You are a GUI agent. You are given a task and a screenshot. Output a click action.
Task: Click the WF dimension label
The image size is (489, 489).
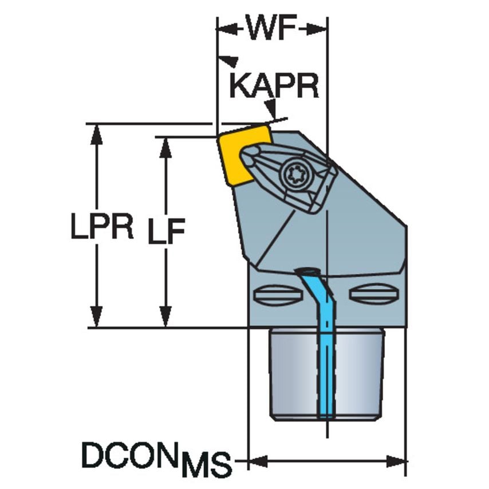272,28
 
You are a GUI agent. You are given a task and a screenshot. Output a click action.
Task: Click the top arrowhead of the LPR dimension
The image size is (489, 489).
97,133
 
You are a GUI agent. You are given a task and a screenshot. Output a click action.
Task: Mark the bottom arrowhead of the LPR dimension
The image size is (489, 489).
97,318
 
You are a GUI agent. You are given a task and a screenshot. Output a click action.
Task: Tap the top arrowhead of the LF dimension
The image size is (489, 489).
165,147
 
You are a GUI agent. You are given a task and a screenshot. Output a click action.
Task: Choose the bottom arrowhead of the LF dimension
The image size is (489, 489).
165,318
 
